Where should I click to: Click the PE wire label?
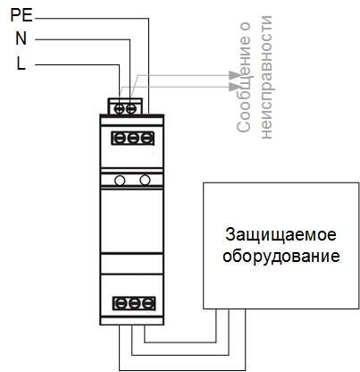[x=21, y=15]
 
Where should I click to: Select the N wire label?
[x=21, y=38]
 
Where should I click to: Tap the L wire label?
[x=21, y=63]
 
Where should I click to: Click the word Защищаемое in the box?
[x=280, y=235]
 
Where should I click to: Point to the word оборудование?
[x=281, y=257]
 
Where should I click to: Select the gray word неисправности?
[x=266, y=77]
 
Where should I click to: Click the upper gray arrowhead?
[x=235, y=75]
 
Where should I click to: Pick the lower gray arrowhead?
[x=235, y=87]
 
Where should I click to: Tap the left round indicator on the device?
[x=120, y=181]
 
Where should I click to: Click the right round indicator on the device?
[x=145, y=180]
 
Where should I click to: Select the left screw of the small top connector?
[x=119, y=109]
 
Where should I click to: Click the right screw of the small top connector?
[x=131, y=109]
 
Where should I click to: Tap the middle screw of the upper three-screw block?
[x=133, y=139]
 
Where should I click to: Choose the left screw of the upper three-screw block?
[x=119, y=139]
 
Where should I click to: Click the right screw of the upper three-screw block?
[x=147, y=139]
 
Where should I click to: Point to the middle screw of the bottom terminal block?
[x=134, y=304]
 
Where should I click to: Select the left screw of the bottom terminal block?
[x=121, y=304]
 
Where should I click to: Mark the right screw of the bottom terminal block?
[x=147, y=304]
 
